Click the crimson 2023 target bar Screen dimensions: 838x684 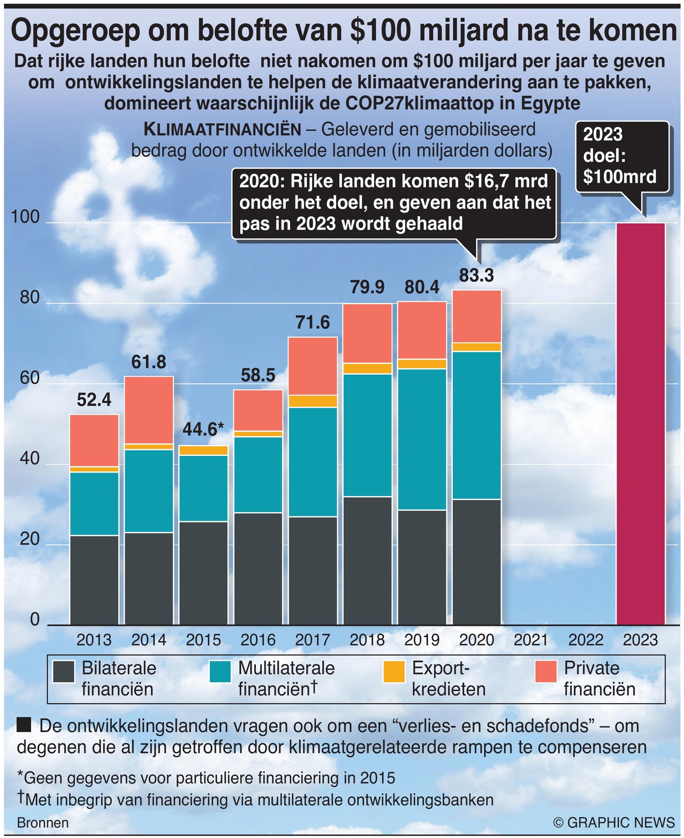pos(640,423)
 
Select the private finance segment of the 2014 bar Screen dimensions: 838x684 pos(149,410)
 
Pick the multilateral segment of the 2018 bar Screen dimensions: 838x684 pos(367,435)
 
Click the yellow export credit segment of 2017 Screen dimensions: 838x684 pos(313,401)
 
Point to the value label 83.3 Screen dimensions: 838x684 pos(476,276)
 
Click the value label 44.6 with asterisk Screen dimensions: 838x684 pos(203,430)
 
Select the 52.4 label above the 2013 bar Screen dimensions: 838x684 pos(94,400)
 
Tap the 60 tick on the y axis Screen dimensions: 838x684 pos(30,378)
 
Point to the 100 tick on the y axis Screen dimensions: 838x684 pos(26,217)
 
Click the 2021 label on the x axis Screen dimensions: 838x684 pos(531,639)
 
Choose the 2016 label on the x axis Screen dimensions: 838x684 pos(258,639)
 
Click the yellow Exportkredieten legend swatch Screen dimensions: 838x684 pos(394,672)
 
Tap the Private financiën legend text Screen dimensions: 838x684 pos(599,679)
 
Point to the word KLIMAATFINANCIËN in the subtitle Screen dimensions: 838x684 pos(223,129)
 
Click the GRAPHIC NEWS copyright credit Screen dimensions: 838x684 pos(614,822)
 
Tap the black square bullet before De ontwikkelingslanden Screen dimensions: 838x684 pos(24,726)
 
